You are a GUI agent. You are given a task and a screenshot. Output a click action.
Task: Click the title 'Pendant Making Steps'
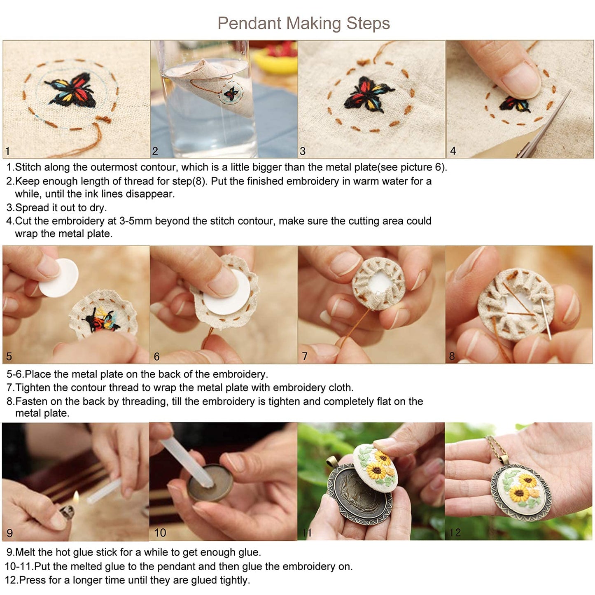click(303, 23)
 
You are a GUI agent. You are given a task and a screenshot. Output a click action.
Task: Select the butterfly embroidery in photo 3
click(368, 95)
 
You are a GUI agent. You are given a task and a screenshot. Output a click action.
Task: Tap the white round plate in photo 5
click(60, 278)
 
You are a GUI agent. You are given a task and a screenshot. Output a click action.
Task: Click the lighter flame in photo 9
click(76, 497)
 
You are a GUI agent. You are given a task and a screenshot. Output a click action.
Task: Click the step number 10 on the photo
click(160, 533)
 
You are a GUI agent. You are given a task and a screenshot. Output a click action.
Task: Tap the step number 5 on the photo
click(9, 356)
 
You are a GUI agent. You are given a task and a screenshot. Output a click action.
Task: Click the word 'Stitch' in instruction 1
click(28, 167)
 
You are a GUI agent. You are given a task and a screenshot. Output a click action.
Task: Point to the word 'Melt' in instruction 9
click(26, 552)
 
